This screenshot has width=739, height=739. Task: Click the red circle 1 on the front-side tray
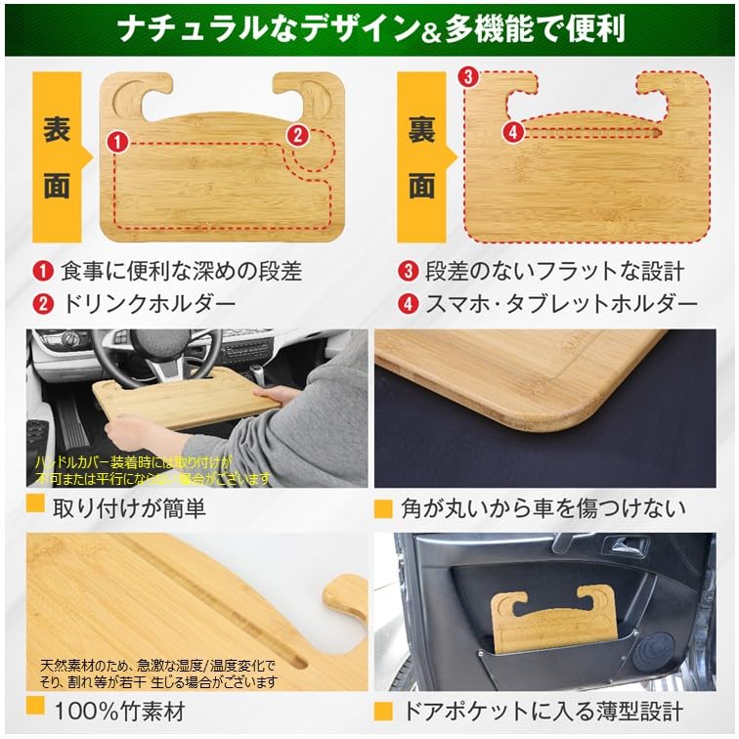tap(118, 142)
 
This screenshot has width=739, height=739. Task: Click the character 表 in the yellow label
tap(56, 129)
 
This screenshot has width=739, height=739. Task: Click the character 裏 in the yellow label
tap(421, 129)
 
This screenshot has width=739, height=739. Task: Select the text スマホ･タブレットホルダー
tap(561, 303)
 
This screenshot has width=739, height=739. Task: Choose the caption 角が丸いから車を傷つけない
tap(543, 508)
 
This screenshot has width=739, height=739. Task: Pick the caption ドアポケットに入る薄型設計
tap(542, 710)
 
